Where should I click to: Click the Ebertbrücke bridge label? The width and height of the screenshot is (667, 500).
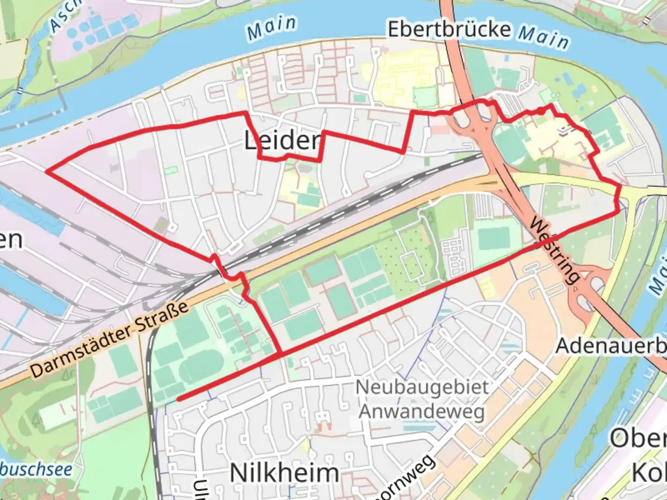(449, 30)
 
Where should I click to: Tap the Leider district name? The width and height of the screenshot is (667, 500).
(283, 141)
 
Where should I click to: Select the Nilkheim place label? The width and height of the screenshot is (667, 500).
(284, 473)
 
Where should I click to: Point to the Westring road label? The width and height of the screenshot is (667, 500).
(554, 250)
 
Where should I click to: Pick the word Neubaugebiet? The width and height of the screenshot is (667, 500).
(422, 387)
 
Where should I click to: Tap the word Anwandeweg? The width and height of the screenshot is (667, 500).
(422, 411)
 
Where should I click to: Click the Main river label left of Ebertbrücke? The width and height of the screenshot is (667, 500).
(271, 28)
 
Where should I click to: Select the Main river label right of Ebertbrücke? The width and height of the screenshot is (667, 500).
(543, 37)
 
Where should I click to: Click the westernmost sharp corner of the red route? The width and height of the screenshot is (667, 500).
(46, 171)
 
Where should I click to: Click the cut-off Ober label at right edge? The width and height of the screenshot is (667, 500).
(638, 438)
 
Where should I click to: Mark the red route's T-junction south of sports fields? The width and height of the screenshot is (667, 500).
(281, 355)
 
